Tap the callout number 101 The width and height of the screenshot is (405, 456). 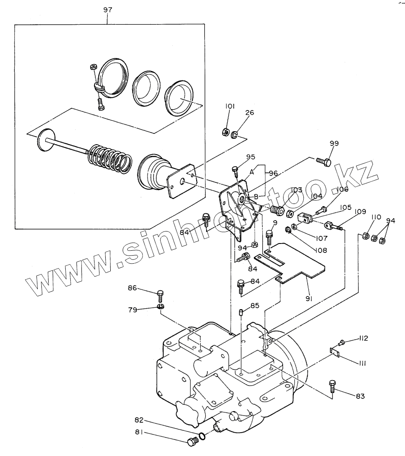[x=230, y=106]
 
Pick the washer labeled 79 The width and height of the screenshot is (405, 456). [x=161, y=307]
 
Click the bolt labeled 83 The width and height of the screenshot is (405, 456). [x=332, y=386]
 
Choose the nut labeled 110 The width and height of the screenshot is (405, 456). [x=366, y=236]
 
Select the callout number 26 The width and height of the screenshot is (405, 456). [x=249, y=113]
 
